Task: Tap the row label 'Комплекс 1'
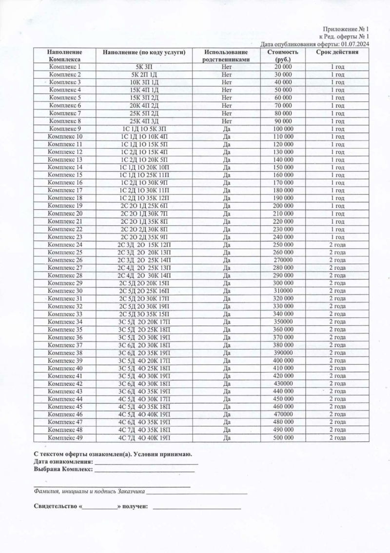(x=65, y=66)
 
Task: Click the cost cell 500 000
(x=283, y=438)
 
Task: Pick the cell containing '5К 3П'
(x=146, y=66)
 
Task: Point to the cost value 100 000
(x=283, y=129)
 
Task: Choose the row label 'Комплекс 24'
(x=65, y=244)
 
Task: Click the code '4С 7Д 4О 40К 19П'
(x=146, y=438)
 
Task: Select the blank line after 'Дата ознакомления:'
(x=146, y=461)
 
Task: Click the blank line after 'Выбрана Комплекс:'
(x=144, y=469)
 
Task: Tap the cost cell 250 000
(x=283, y=244)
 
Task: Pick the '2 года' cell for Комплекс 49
(x=337, y=438)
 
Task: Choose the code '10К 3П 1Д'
(x=146, y=82)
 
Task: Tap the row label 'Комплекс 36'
(x=65, y=337)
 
